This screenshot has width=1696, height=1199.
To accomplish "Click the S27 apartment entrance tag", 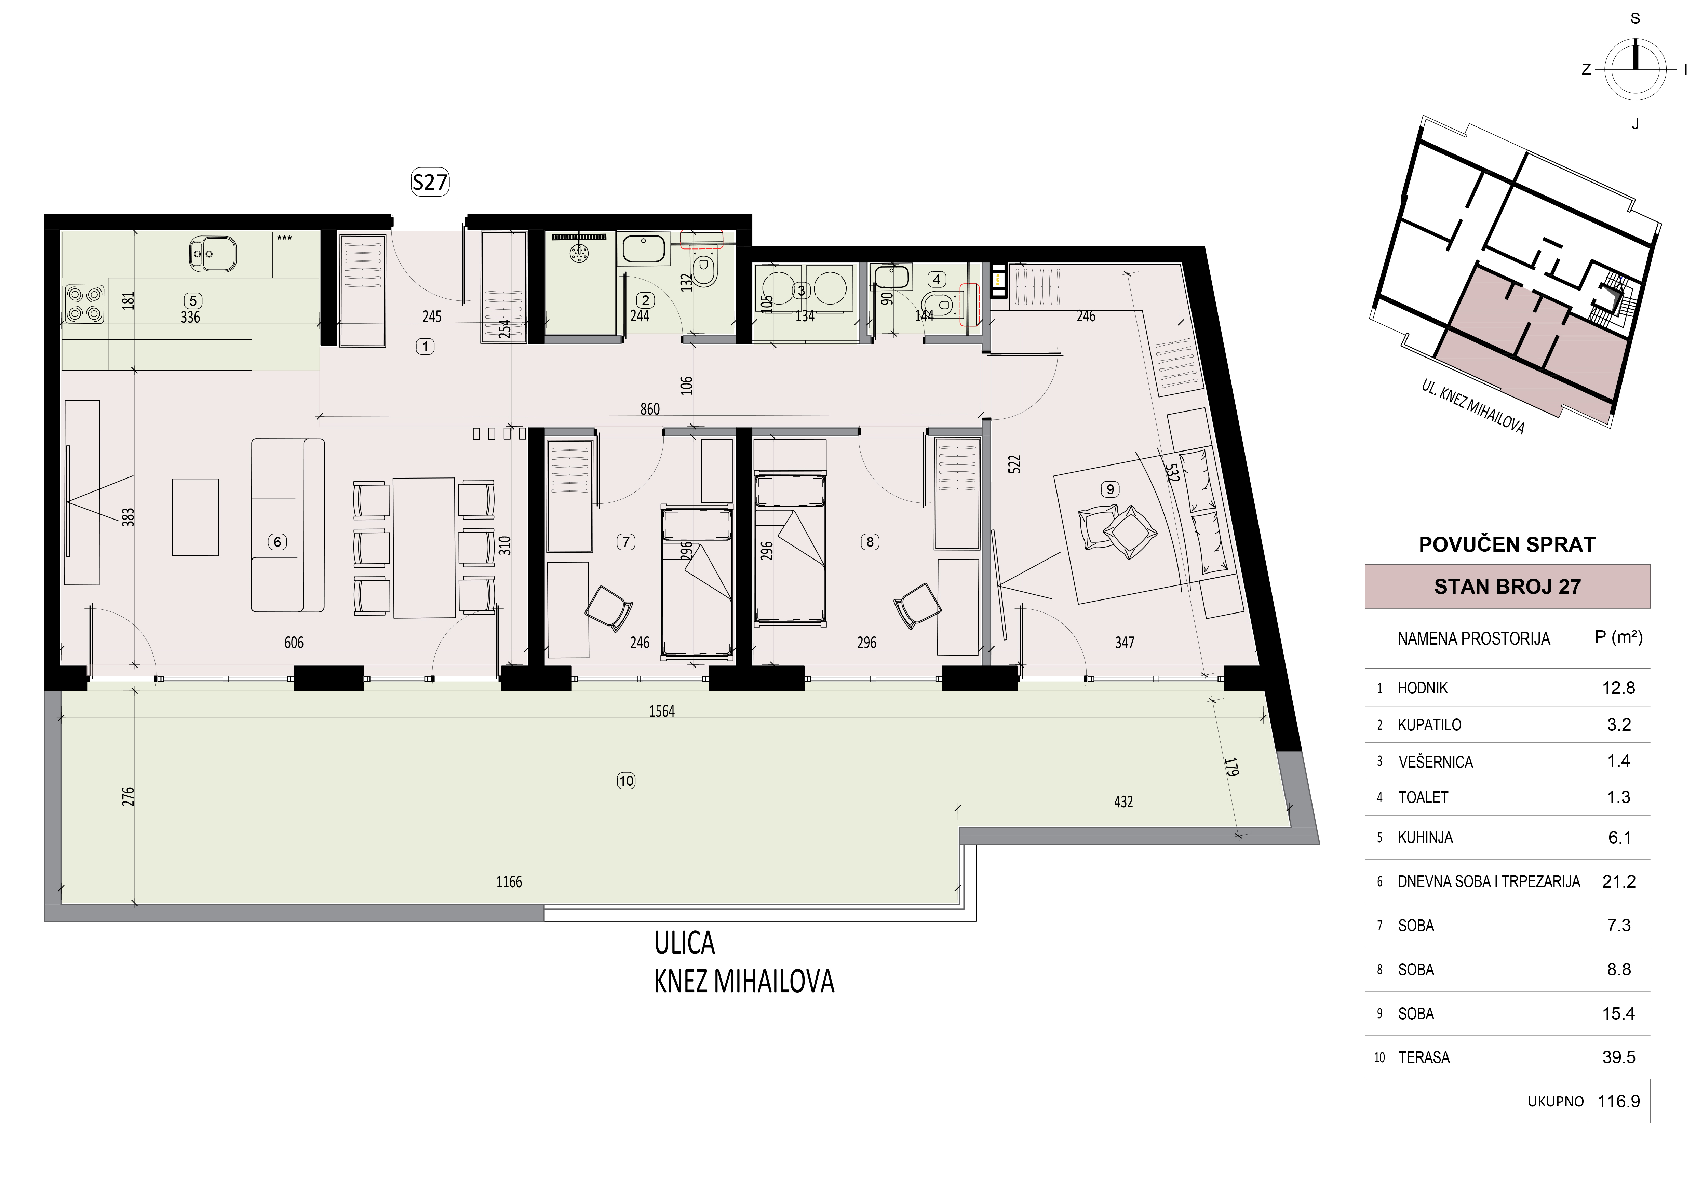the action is (x=430, y=182).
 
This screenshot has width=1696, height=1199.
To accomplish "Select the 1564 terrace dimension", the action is (x=662, y=711).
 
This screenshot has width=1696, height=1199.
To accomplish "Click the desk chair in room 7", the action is (x=609, y=608).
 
